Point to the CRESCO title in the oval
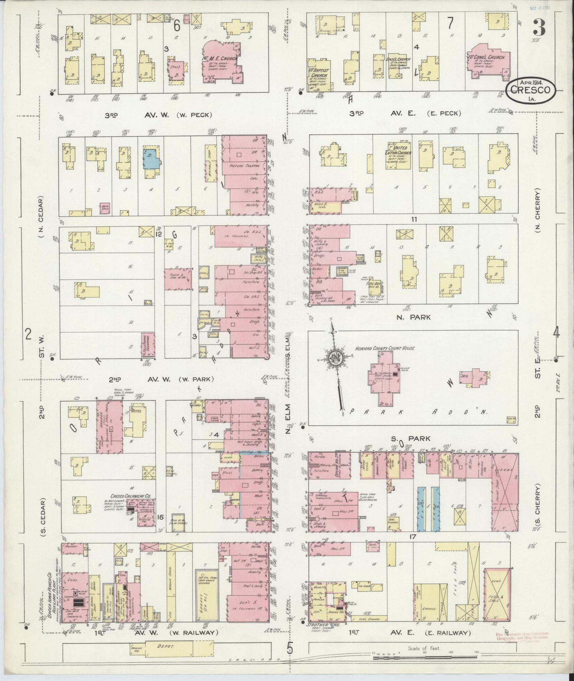click(x=531, y=90)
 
